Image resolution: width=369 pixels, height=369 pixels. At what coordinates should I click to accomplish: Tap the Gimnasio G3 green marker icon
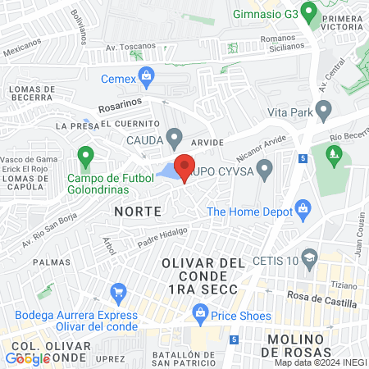309,12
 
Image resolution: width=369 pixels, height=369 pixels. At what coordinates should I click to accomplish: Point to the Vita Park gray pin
324,109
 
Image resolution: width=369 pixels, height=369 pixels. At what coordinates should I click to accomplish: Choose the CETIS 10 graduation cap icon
309,259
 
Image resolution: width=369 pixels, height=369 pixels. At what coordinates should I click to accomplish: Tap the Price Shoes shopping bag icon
199,312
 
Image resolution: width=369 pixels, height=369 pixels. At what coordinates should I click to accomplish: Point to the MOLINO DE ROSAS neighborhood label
311,346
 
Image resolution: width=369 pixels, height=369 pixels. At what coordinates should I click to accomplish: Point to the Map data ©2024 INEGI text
320,362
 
